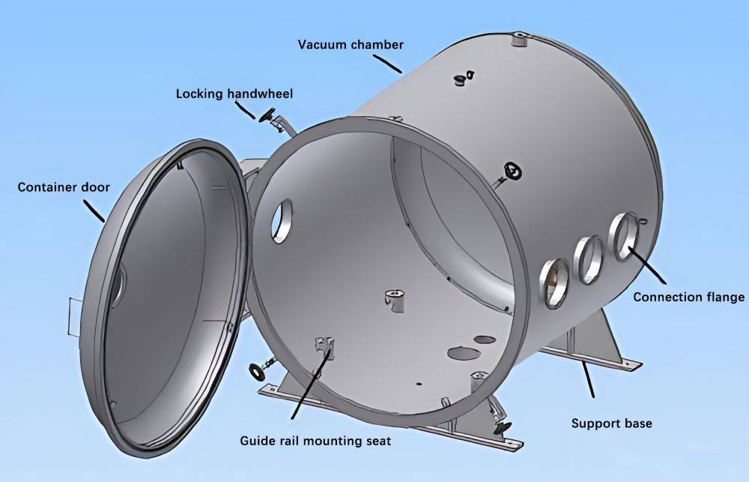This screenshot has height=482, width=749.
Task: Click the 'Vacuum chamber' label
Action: click(x=351, y=44)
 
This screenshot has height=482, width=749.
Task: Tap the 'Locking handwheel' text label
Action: click(x=234, y=94)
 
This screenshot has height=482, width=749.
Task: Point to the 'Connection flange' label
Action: click(x=688, y=297)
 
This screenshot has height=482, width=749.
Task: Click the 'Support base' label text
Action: click(x=611, y=424)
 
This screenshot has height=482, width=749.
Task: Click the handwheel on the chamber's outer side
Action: click(x=512, y=171)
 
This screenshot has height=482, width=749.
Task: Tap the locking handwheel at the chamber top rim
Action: click(x=267, y=115)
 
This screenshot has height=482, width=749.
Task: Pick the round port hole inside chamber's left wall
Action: click(x=282, y=220)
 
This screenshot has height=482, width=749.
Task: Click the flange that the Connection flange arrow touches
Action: click(x=622, y=237)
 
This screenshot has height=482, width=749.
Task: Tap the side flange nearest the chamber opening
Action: click(x=554, y=283)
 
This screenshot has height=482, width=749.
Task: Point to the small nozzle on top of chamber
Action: click(x=518, y=39)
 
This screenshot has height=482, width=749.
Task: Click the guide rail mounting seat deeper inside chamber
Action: click(x=394, y=295)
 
